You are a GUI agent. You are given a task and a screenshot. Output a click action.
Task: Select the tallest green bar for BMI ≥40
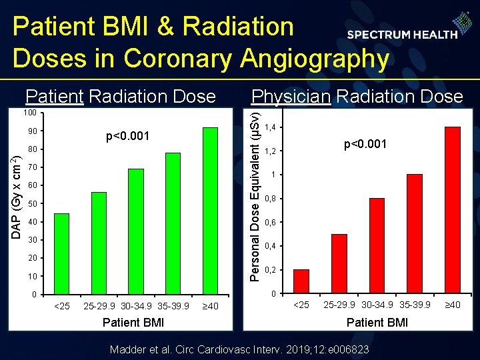pos(211,211)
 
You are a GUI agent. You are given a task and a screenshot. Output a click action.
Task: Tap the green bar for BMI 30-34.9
pos(136,231)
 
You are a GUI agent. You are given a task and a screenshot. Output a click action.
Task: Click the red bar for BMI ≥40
pos(452,210)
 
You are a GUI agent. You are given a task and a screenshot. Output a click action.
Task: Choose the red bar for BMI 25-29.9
pos(339,264)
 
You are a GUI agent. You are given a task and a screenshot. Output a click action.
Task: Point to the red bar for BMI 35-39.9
pos(415,234)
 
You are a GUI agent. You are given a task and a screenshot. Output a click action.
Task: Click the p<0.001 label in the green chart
pos(129,137)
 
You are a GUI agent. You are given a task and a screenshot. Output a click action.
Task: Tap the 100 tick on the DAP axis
pos(31,112)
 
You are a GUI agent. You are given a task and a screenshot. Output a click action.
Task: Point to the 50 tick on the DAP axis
pos(33,203)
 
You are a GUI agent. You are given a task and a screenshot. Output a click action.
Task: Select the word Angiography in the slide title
pos(311,59)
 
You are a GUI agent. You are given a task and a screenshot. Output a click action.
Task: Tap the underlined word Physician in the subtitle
pos(291,97)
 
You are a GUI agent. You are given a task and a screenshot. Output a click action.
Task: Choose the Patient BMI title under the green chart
pos(133,323)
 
